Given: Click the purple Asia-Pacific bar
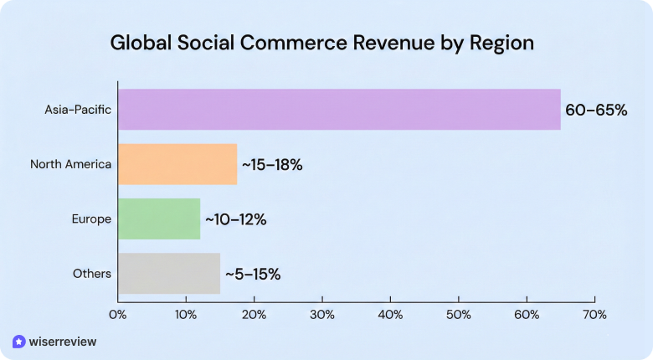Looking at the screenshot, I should [x=339, y=110].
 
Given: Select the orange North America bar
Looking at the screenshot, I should [x=177, y=164].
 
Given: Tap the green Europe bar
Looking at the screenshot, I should [x=159, y=219].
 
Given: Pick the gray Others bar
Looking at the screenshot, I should [x=169, y=274].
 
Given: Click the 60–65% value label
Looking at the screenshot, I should [x=596, y=110].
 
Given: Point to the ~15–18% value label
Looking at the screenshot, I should [x=272, y=165].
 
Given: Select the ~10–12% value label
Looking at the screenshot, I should [x=234, y=219].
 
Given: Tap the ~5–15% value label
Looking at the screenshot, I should [x=252, y=274].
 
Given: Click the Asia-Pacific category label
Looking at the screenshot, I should [x=78, y=110].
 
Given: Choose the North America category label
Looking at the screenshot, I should [x=70, y=164].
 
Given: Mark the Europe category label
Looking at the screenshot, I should [x=91, y=219].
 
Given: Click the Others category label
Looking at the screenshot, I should [x=92, y=274].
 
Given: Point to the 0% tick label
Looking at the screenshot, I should [x=117, y=315].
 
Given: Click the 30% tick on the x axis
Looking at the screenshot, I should [x=322, y=315].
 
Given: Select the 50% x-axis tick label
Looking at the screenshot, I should [x=459, y=315].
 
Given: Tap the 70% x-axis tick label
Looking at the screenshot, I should [x=594, y=315].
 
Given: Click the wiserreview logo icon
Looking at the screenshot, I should [x=18, y=342].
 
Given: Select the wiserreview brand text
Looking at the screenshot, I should [x=63, y=342].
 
